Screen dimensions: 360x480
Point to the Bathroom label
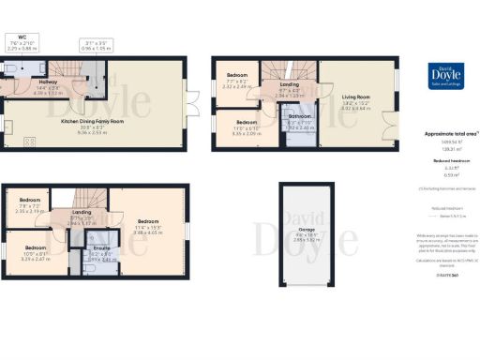tap(299, 119)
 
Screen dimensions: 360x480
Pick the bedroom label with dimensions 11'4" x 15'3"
tap(148, 222)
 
